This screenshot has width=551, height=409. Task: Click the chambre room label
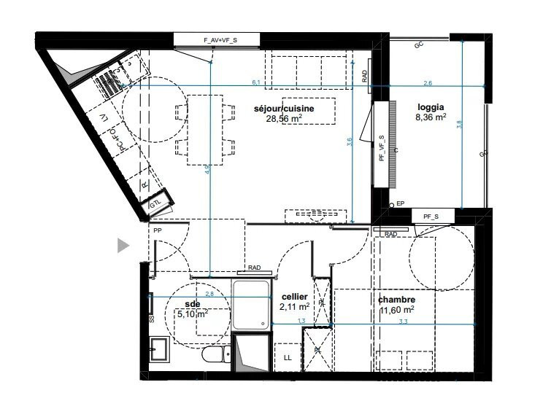tap(397, 300)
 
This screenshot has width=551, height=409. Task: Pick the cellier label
tap(295, 297)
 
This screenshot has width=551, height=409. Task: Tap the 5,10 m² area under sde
tap(193, 314)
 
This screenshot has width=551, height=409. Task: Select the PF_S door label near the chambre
tap(431, 217)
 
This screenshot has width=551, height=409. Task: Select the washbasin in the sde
tap(159, 350)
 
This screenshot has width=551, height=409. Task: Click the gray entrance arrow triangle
tap(123, 246)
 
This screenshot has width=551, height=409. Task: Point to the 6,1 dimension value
tap(256, 82)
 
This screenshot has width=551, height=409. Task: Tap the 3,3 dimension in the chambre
tap(424, 320)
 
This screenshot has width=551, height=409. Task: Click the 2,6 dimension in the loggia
tap(428, 82)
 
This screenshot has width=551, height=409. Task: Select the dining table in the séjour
tap(205, 130)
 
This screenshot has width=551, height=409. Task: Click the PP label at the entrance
tap(158, 230)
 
